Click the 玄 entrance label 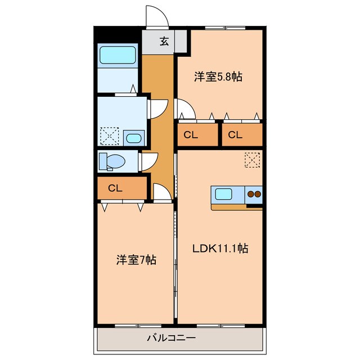tap(164, 41)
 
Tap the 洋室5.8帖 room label tap(218, 77)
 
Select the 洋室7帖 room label tap(136, 260)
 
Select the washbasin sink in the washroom tap(134, 138)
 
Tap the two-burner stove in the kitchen tap(254, 195)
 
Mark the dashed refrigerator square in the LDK tap(253, 161)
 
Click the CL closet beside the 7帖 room tap(115, 188)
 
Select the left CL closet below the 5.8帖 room tap(190, 135)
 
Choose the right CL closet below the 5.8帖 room tap(236, 135)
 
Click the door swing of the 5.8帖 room tap(185, 109)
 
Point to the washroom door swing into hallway tap(157, 108)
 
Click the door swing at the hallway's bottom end tap(162, 193)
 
